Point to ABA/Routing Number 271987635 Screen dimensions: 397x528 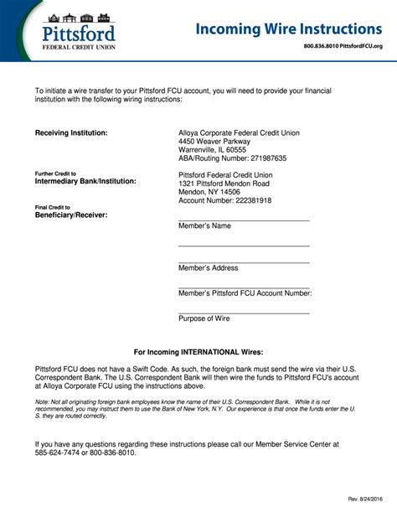click(232, 158)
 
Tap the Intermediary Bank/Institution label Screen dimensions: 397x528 click(85, 181)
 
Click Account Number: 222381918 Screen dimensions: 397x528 click(225, 201)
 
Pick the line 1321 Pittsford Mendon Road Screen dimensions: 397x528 click(224, 184)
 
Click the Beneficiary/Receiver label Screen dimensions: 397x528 click(71, 215)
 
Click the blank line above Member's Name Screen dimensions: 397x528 click(244, 219)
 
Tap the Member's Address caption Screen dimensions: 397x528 click(208, 268)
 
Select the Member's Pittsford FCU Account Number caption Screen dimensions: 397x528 click(245, 293)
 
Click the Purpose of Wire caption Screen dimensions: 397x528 click(204, 318)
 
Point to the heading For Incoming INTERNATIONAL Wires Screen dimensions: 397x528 click(198, 352)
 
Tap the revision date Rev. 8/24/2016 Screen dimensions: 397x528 click(365, 500)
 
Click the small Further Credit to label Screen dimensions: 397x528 click(55, 173)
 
